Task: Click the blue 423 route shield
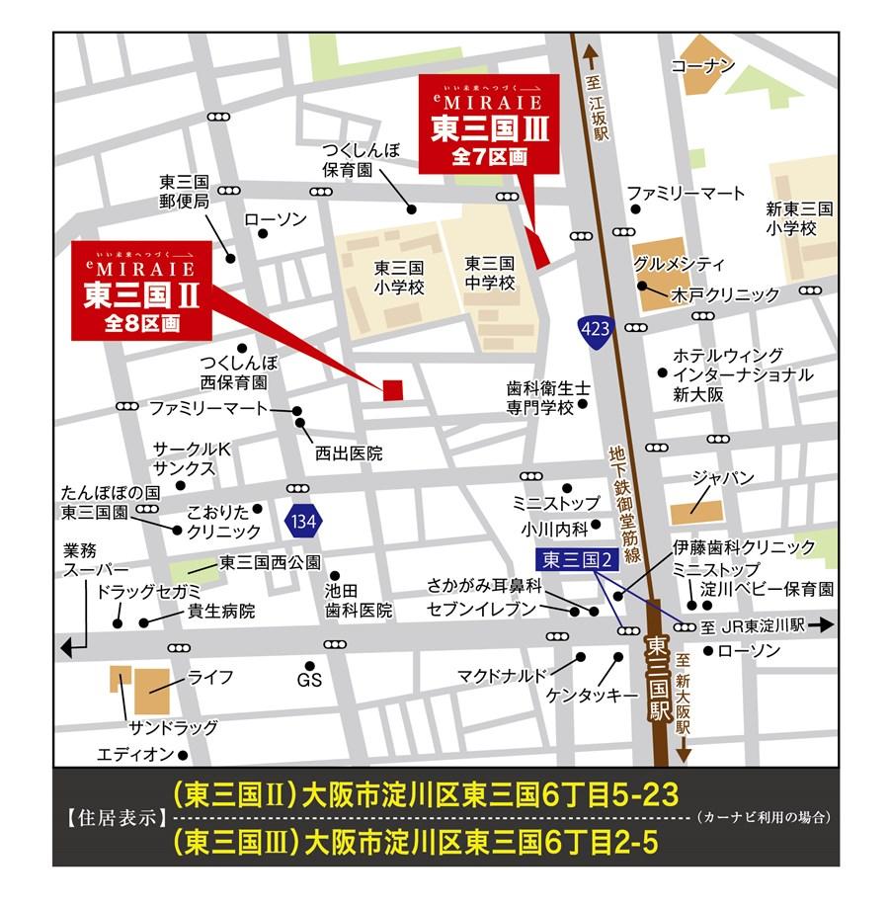pyautogui.click(x=596, y=329)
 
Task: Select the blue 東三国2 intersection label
pyautogui.click(x=578, y=559)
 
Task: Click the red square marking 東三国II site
pyautogui.click(x=392, y=389)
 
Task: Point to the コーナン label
pyautogui.click(x=703, y=66)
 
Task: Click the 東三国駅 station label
pyautogui.click(x=659, y=676)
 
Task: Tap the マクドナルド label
pyautogui.click(x=502, y=676)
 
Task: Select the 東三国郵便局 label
pyautogui.click(x=185, y=192)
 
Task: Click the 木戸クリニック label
pyautogui.click(x=725, y=294)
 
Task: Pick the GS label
pyautogui.click(x=309, y=681)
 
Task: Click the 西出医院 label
pyautogui.click(x=348, y=453)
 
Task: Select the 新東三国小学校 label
pyautogui.click(x=799, y=218)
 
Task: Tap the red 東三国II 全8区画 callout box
pyautogui.click(x=141, y=289)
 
